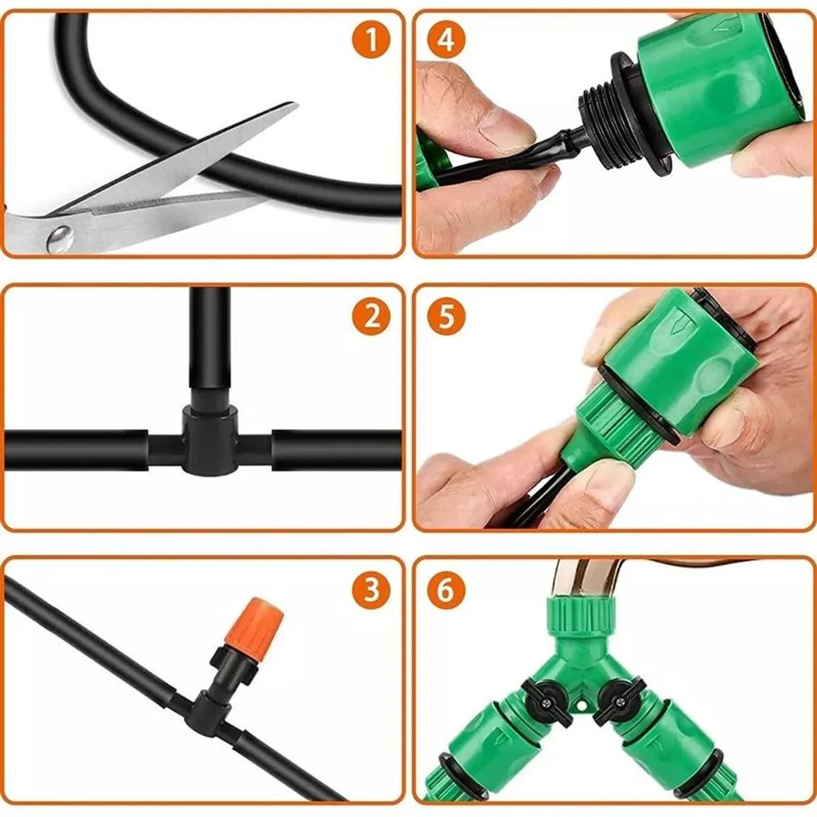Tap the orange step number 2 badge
coord(371,317)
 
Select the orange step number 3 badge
coord(371,590)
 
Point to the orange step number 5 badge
coord(446,317)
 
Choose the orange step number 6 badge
coord(446,590)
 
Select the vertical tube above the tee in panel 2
coord(210,340)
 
